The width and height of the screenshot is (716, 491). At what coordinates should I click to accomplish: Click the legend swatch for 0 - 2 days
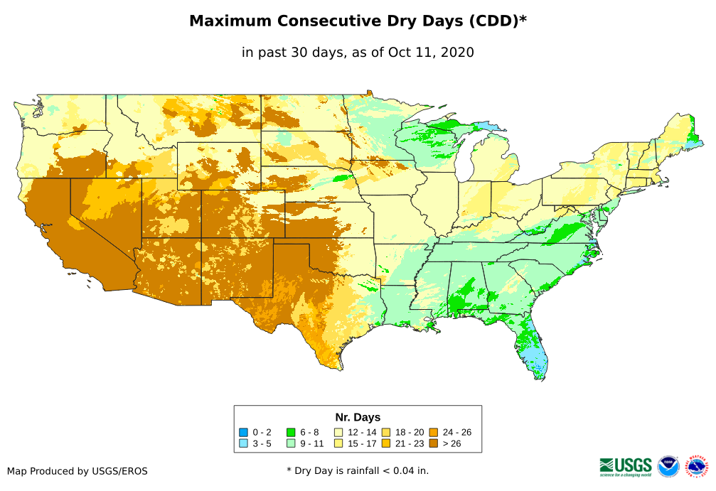click(243, 432)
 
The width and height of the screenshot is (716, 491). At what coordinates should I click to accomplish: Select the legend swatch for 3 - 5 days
click(243, 443)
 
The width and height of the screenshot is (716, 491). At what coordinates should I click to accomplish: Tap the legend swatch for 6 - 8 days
click(291, 432)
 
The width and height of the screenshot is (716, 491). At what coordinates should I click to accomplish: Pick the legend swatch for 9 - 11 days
click(291, 443)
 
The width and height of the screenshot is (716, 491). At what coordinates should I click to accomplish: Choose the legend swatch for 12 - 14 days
click(338, 432)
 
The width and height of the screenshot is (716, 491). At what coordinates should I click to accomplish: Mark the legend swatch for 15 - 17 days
click(338, 443)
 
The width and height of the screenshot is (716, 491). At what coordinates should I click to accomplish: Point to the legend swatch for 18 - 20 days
click(386, 432)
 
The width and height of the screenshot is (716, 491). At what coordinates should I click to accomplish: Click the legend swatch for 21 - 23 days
click(386, 443)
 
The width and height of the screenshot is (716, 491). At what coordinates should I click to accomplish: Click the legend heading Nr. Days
click(358, 417)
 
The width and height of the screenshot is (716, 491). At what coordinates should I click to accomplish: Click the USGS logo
click(626, 466)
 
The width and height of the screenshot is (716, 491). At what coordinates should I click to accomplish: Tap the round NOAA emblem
click(668, 466)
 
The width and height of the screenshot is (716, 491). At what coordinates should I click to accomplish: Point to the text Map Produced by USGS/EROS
click(78, 471)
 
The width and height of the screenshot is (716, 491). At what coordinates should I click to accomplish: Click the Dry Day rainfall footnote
click(358, 470)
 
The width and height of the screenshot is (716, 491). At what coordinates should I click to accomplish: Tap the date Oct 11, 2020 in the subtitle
click(431, 53)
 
